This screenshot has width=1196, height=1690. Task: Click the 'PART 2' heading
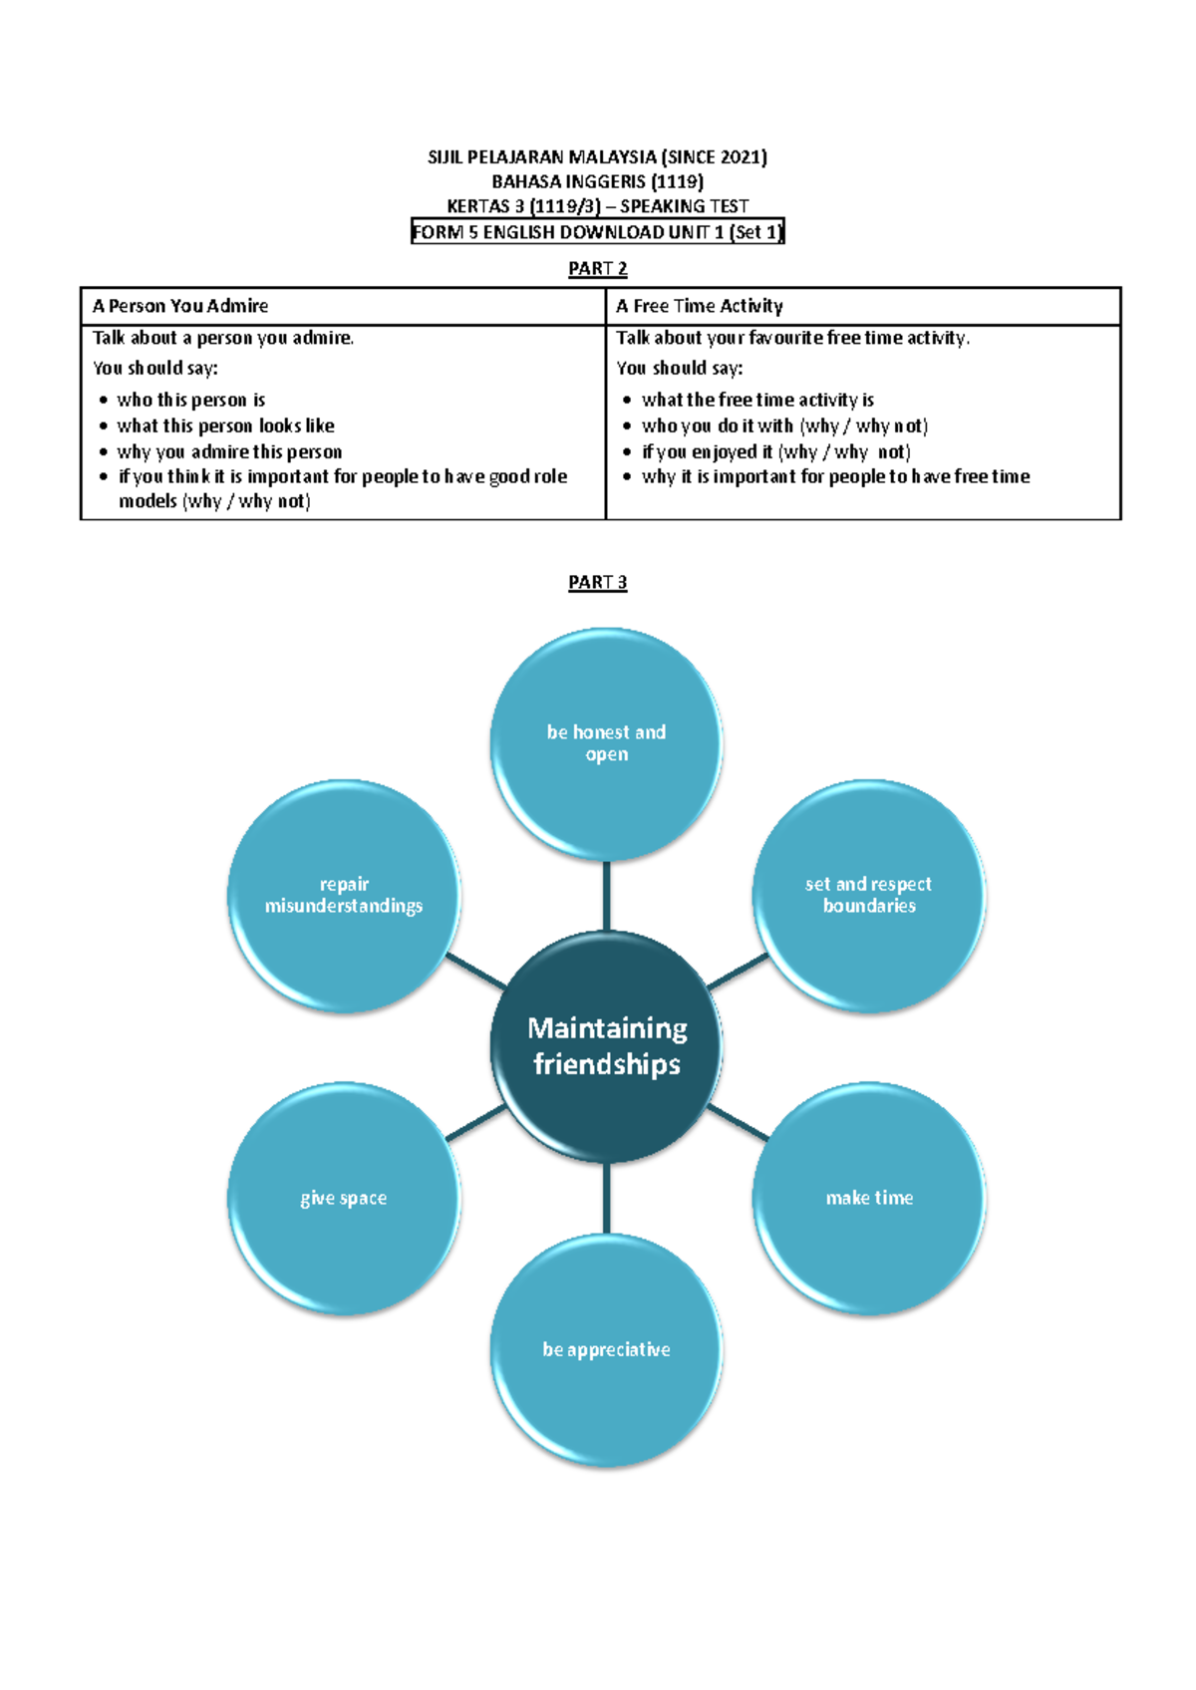(x=598, y=269)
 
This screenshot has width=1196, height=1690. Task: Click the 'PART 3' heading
(x=598, y=583)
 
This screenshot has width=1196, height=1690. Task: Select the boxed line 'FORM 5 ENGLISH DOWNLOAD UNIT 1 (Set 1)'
(x=598, y=231)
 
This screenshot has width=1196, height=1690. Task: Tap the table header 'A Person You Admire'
(x=180, y=306)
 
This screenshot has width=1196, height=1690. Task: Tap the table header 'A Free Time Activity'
(x=700, y=306)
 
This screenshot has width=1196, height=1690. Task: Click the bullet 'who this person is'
(x=191, y=400)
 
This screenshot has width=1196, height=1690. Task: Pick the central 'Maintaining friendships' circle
(x=607, y=1046)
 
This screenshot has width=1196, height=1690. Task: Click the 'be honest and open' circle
(x=607, y=744)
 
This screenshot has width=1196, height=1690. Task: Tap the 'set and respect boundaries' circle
(x=869, y=896)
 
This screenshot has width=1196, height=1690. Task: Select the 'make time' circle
(x=869, y=1198)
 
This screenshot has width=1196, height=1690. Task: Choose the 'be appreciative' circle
(x=607, y=1350)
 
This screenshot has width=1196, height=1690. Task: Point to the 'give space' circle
(x=344, y=1198)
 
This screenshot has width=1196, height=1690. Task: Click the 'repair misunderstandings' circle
(x=344, y=896)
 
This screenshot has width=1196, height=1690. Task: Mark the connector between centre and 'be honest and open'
(x=607, y=896)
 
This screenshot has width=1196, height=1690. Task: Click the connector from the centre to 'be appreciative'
(x=607, y=1198)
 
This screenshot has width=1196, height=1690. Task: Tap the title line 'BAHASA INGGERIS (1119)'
(x=598, y=181)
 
